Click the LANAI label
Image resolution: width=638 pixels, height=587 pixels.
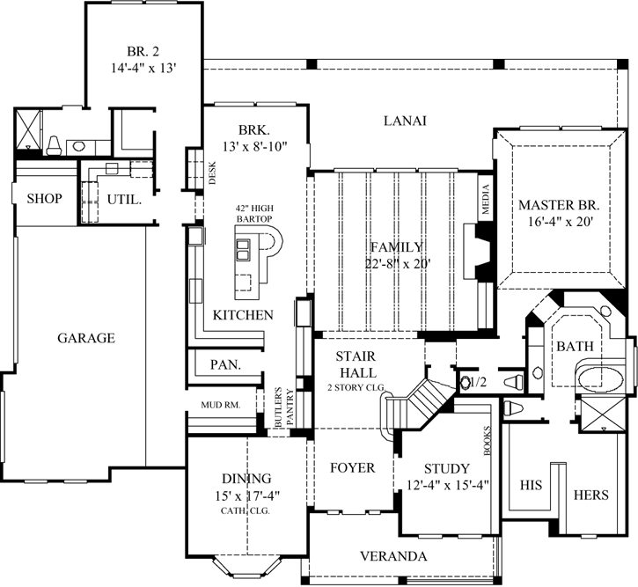[405, 121]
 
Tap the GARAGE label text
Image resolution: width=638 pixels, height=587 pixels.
[87, 337]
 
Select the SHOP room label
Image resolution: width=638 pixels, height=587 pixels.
[44, 199]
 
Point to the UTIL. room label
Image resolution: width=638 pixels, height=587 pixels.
[124, 199]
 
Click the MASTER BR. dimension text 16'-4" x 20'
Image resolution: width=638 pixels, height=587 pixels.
[557, 222]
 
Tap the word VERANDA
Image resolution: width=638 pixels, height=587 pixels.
[394, 556]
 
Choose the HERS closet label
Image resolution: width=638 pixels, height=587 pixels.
[590, 495]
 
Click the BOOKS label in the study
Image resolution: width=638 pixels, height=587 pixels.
[486, 437]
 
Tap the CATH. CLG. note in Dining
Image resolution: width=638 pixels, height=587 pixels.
[246, 510]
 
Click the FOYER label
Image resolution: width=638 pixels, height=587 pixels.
[352, 467]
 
